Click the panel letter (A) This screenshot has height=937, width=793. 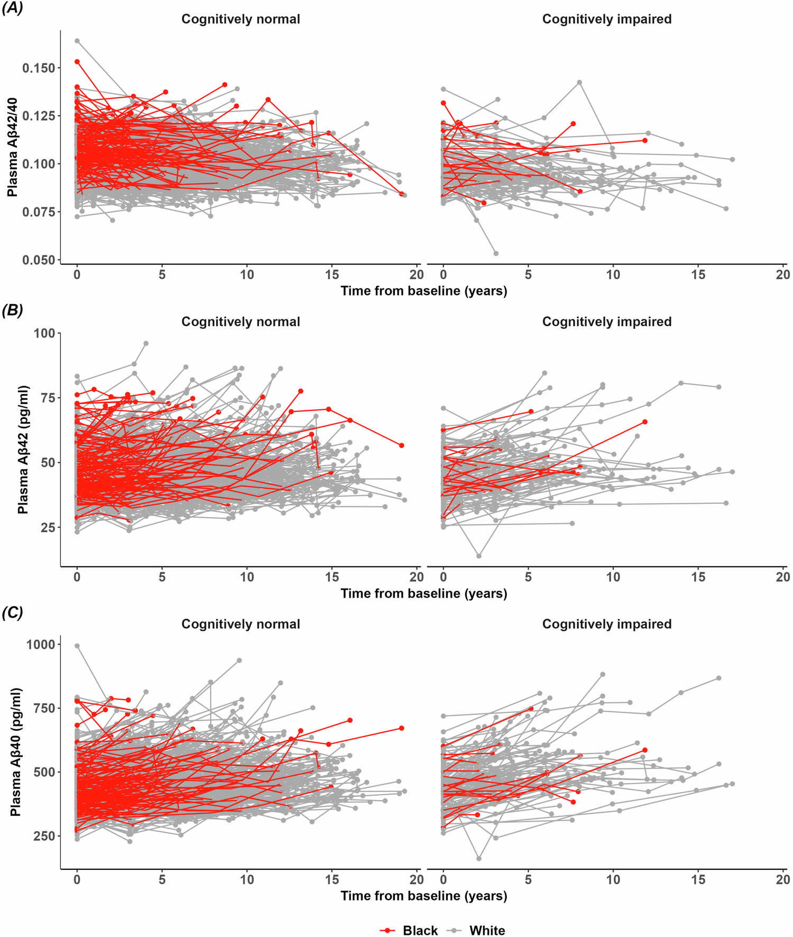click(13, 8)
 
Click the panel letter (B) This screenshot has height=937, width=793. click(13, 310)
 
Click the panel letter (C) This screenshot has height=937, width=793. click(13, 612)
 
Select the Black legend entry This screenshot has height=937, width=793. click(409, 916)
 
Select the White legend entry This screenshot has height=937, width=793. click(476, 916)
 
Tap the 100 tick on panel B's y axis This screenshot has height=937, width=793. click(44, 333)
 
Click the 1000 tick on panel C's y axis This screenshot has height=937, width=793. click(41, 644)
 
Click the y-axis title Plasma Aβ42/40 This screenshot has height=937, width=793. click(12, 147)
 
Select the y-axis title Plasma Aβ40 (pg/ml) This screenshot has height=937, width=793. click(15, 751)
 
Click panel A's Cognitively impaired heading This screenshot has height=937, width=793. click(606, 19)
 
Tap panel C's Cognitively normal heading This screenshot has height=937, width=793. click(241, 624)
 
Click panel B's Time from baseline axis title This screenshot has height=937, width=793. click(423, 593)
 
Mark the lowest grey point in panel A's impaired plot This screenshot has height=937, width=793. click(496, 253)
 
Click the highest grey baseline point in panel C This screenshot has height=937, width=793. click(77, 646)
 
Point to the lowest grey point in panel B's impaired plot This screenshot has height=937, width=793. click(479, 556)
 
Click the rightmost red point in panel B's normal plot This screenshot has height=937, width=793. click(402, 445)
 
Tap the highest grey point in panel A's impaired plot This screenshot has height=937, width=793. click(579, 82)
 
